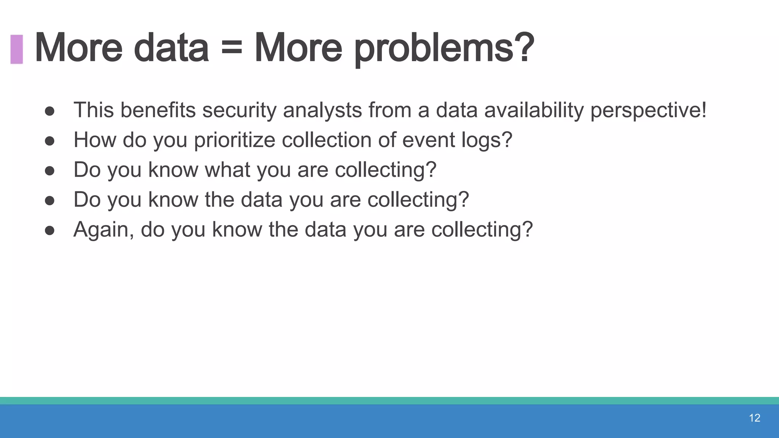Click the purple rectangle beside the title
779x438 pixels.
17,49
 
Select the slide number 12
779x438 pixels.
754,418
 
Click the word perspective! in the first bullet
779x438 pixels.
648,110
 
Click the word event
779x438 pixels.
428,140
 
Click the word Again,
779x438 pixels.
103,230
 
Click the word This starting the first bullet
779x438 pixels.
94,110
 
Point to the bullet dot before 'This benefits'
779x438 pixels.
49,111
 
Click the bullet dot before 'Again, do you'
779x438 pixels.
49,230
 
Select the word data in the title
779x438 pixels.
171,49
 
